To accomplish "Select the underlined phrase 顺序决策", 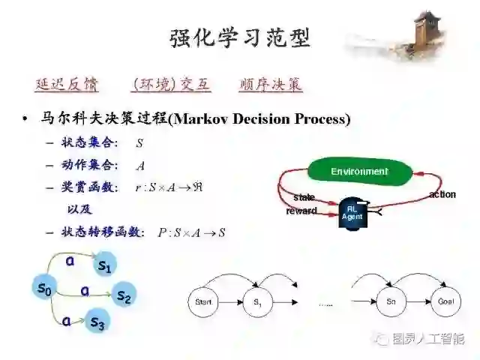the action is pos(271,85).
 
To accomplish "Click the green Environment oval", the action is pos(359,172).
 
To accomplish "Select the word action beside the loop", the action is pos(442,195).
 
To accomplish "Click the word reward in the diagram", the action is pos(301,211).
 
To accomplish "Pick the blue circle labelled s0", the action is pos(43,286).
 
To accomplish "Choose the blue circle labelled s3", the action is pos(97,322).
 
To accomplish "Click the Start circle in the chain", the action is pos(203,301).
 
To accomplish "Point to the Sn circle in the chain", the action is pos(391,301).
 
